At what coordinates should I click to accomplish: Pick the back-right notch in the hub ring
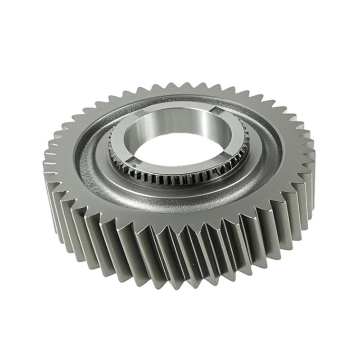click(216, 110)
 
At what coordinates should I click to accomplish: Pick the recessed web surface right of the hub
click(265, 144)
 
